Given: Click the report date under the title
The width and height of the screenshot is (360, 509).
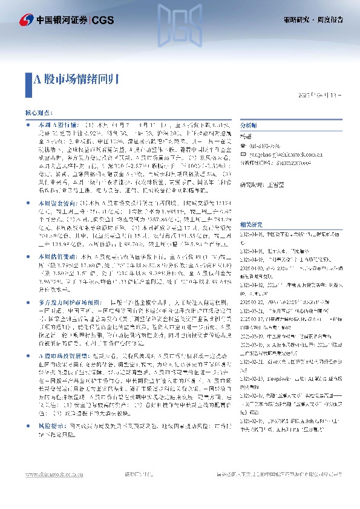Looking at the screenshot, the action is (x=321, y=95).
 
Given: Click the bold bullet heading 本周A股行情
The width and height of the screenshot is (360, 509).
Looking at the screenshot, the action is (x=53, y=123).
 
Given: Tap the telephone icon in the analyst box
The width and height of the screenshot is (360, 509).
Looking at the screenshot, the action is (x=244, y=145).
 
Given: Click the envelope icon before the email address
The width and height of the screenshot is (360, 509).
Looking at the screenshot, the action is (x=244, y=154).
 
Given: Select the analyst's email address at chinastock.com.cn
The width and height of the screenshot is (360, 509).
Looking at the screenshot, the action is (x=278, y=154).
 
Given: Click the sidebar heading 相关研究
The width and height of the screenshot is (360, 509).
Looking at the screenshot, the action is (x=252, y=223).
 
